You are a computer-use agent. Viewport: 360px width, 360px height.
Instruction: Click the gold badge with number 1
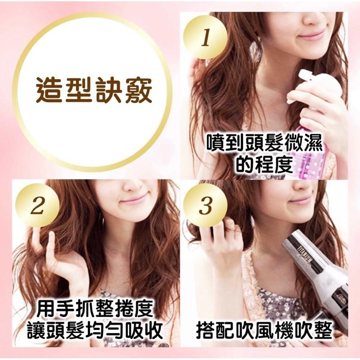(206, 38)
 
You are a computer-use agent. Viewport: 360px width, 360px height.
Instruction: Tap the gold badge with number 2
(38, 207)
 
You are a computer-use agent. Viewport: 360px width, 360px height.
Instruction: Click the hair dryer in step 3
(315, 270)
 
